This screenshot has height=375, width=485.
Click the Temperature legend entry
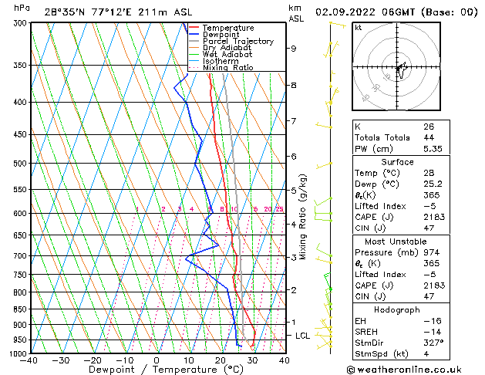coord(228,28)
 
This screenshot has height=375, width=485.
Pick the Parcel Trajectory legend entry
coord(237,41)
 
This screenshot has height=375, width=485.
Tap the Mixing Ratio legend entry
coord(228,68)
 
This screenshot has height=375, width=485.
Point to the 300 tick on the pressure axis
coord(18,23)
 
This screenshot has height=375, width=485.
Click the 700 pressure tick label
coord(18,255)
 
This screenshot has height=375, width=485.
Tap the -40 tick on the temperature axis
coord(29,360)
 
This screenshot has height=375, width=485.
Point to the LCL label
coord(303,336)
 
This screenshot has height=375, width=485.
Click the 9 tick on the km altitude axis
coord(294,48)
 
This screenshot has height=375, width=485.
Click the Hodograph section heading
coord(398,309)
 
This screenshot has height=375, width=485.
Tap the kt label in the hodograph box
coord(358,27)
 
